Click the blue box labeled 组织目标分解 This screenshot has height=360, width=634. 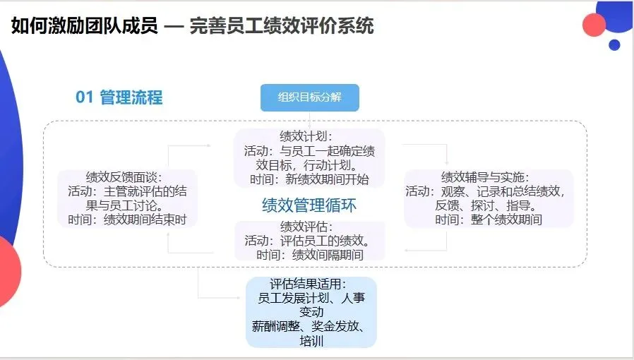coord(309,97)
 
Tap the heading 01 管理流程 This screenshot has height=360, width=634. coord(119,97)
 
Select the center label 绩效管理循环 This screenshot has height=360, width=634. coord(309,205)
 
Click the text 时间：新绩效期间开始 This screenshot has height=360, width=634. coord(309,179)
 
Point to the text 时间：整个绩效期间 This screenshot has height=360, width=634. coord(489,220)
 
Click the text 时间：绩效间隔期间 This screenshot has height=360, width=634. coord(310,255)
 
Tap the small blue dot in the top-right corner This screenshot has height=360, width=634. coord(614,44)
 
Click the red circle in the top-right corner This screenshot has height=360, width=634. coord(594,25)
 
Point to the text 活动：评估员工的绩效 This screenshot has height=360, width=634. coord(309,241)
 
